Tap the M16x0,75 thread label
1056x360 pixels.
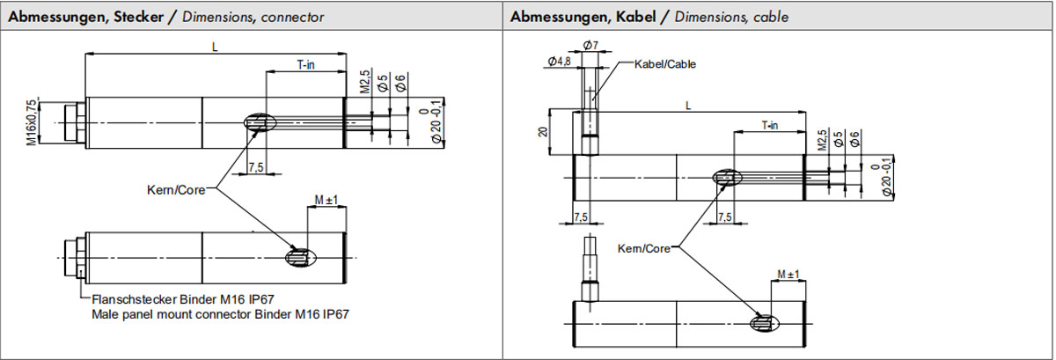click(32, 121)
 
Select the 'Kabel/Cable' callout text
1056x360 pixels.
click(665, 64)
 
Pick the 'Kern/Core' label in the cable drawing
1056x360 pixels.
click(644, 248)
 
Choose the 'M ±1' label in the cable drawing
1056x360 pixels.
click(788, 276)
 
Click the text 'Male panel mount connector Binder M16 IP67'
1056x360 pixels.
click(221, 314)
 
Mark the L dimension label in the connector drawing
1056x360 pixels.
click(215, 48)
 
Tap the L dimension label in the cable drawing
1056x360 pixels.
click(688, 105)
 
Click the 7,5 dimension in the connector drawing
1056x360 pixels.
click(256, 166)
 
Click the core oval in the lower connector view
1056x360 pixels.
click(300, 257)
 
